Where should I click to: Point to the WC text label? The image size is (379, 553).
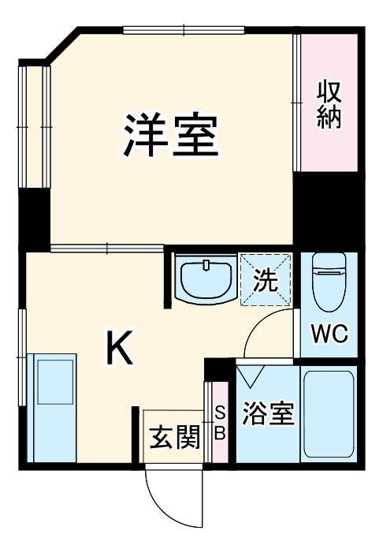tap(329, 334)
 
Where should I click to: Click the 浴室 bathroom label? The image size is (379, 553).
tap(269, 413)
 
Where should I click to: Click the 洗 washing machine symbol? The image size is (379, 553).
tap(266, 278)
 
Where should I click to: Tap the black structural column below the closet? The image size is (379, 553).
tap(325, 209)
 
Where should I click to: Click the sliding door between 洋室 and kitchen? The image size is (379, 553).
tap(108, 249)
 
